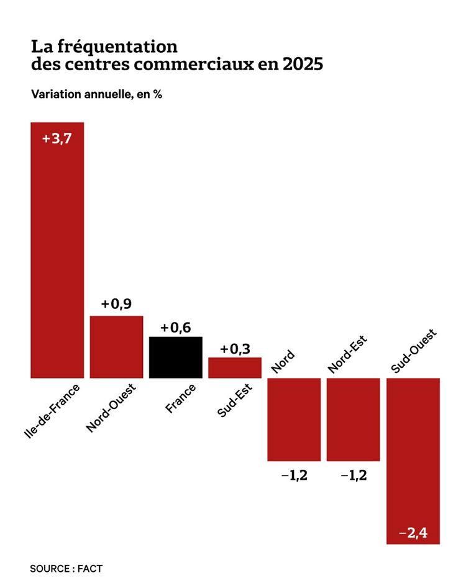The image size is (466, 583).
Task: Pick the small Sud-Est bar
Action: tap(235, 367)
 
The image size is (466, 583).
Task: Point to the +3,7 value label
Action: tap(57, 139)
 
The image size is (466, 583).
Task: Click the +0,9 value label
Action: tap(116, 304)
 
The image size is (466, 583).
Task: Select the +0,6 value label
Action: tap(176, 328)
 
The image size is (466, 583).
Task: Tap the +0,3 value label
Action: tap(235, 348)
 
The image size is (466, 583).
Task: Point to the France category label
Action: tap(181, 398)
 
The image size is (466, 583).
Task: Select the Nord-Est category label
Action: tap(347, 354)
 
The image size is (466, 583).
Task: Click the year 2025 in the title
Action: tap(303, 65)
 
